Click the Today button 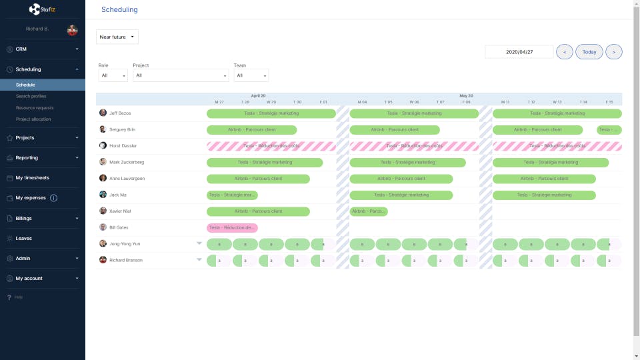pyautogui.click(x=589, y=52)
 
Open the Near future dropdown pyautogui.click(x=117, y=37)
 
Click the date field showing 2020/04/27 pyautogui.click(x=519, y=52)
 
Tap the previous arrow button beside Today pyautogui.click(x=564, y=52)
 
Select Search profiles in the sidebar pyautogui.click(x=31, y=96)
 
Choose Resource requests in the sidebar pyautogui.click(x=35, y=107)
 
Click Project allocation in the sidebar pyautogui.click(x=33, y=119)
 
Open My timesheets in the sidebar pyautogui.click(x=32, y=178)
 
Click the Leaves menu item pyautogui.click(x=24, y=238)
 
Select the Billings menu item pyautogui.click(x=24, y=218)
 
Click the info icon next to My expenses pyautogui.click(x=54, y=198)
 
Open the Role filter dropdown pyautogui.click(x=113, y=76)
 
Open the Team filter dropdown pyautogui.click(x=251, y=76)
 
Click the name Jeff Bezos pyautogui.click(x=121, y=113)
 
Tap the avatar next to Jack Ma pyautogui.click(x=103, y=195)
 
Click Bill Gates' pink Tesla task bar pyautogui.click(x=232, y=227)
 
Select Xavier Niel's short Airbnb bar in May pyautogui.click(x=369, y=211)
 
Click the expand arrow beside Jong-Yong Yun pyautogui.click(x=199, y=243)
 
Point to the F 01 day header pyautogui.click(x=323, y=102)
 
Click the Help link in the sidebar pyautogui.click(x=18, y=297)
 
